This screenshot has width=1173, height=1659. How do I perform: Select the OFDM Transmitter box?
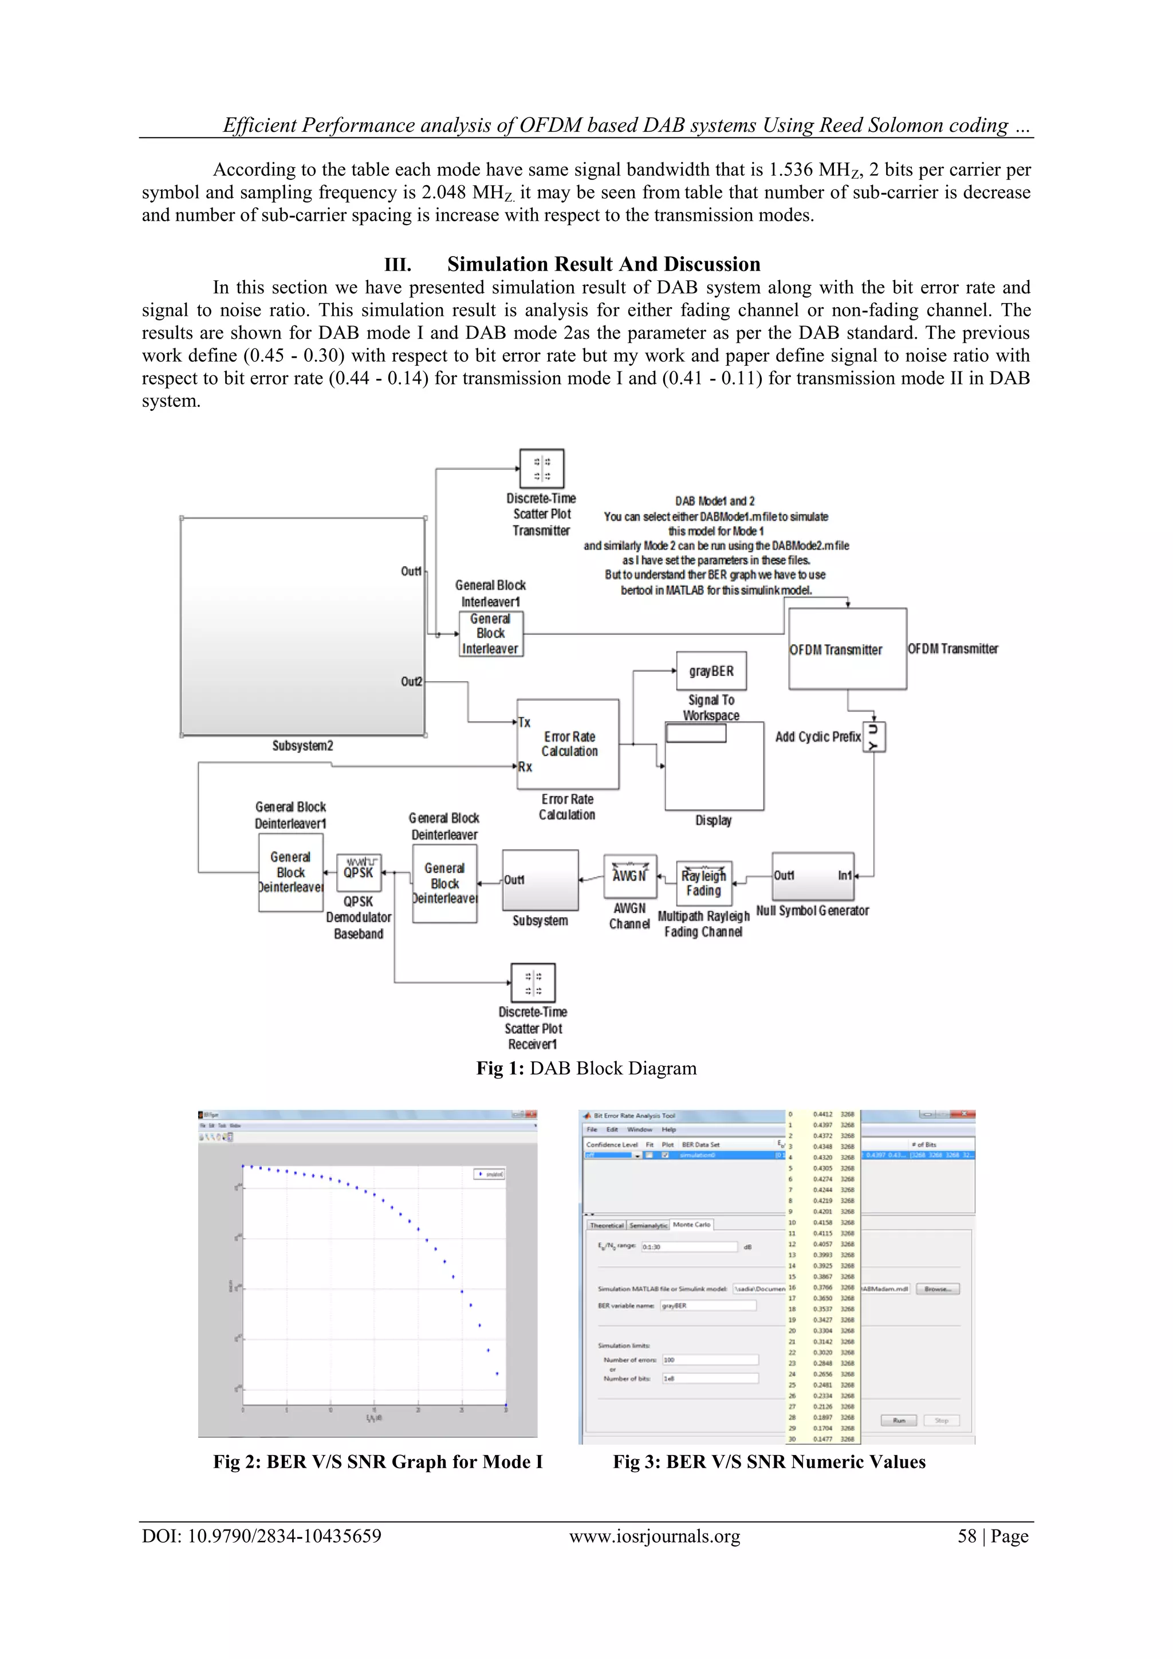[847, 648]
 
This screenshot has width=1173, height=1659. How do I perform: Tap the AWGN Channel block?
[630, 876]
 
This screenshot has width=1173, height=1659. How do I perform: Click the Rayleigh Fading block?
[703, 883]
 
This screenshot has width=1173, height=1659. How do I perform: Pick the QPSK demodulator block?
[359, 872]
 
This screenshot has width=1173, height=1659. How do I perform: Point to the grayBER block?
[711, 671]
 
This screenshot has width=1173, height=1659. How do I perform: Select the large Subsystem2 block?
[302, 626]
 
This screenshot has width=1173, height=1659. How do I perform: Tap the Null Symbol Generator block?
[813, 876]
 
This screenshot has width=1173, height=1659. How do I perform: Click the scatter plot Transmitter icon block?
[542, 468]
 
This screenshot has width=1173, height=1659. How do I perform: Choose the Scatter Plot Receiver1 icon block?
[533, 983]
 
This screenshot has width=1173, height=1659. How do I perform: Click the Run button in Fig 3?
[899, 1420]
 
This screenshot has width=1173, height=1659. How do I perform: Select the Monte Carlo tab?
[692, 1224]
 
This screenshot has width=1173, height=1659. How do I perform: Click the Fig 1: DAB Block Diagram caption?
[586, 1068]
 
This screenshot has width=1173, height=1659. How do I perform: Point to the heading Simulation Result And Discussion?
[603, 264]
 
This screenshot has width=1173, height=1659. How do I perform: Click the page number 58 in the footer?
[966, 1535]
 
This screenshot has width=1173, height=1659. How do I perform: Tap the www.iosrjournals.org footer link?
[655, 1535]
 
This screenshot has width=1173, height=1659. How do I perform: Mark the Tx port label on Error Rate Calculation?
[525, 722]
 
